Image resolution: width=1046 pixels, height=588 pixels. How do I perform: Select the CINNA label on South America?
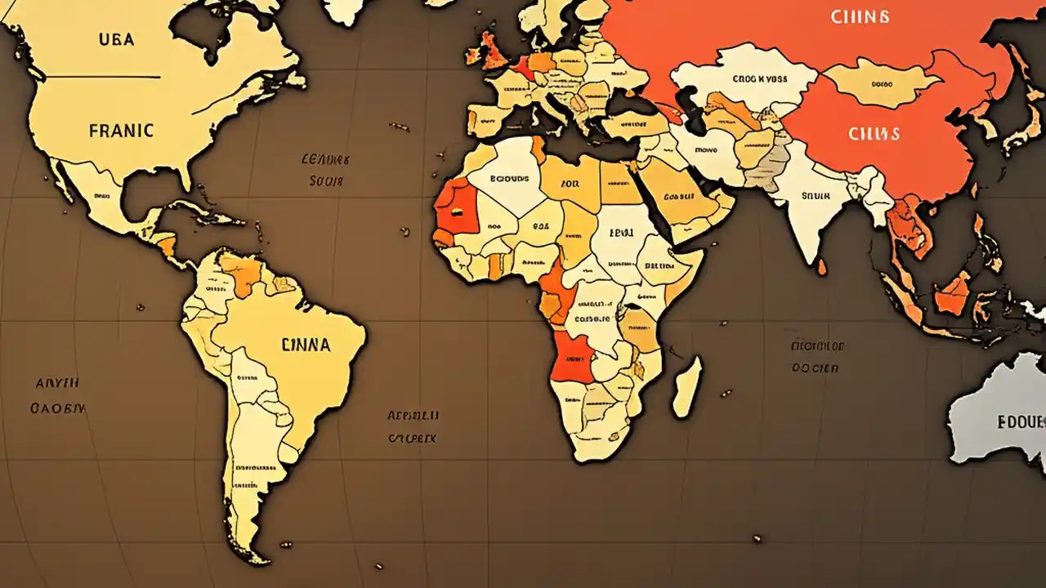click(306, 345)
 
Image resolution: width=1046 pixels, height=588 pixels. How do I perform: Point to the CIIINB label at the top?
click(859, 16)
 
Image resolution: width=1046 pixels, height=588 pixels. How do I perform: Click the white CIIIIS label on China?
click(874, 132)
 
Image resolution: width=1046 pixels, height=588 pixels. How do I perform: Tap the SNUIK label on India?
click(816, 196)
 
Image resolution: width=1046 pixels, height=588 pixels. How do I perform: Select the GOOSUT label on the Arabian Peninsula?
click(678, 197)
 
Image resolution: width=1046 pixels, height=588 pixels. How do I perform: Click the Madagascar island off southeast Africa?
click(686, 385)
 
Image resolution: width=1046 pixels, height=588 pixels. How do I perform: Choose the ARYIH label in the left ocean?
click(57, 381)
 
